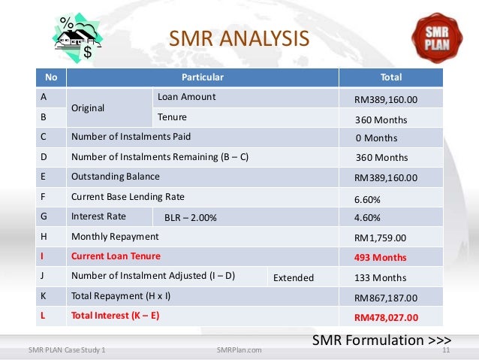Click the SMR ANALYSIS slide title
(x=238, y=38)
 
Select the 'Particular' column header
(x=203, y=77)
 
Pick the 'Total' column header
(x=391, y=77)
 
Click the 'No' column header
(x=51, y=77)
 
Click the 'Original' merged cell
(x=87, y=108)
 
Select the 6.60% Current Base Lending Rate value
(x=366, y=201)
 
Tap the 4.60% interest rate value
(x=366, y=218)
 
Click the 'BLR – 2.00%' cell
(x=190, y=218)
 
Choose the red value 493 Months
(x=380, y=258)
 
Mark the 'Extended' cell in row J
(x=293, y=277)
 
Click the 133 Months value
(x=381, y=278)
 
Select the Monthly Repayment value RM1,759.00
(x=380, y=238)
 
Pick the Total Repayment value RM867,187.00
(x=385, y=298)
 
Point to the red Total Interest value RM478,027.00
(x=385, y=317)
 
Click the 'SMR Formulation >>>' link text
(x=381, y=340)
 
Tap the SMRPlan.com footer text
(x=238, y=350)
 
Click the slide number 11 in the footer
(x=446, y=350)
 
